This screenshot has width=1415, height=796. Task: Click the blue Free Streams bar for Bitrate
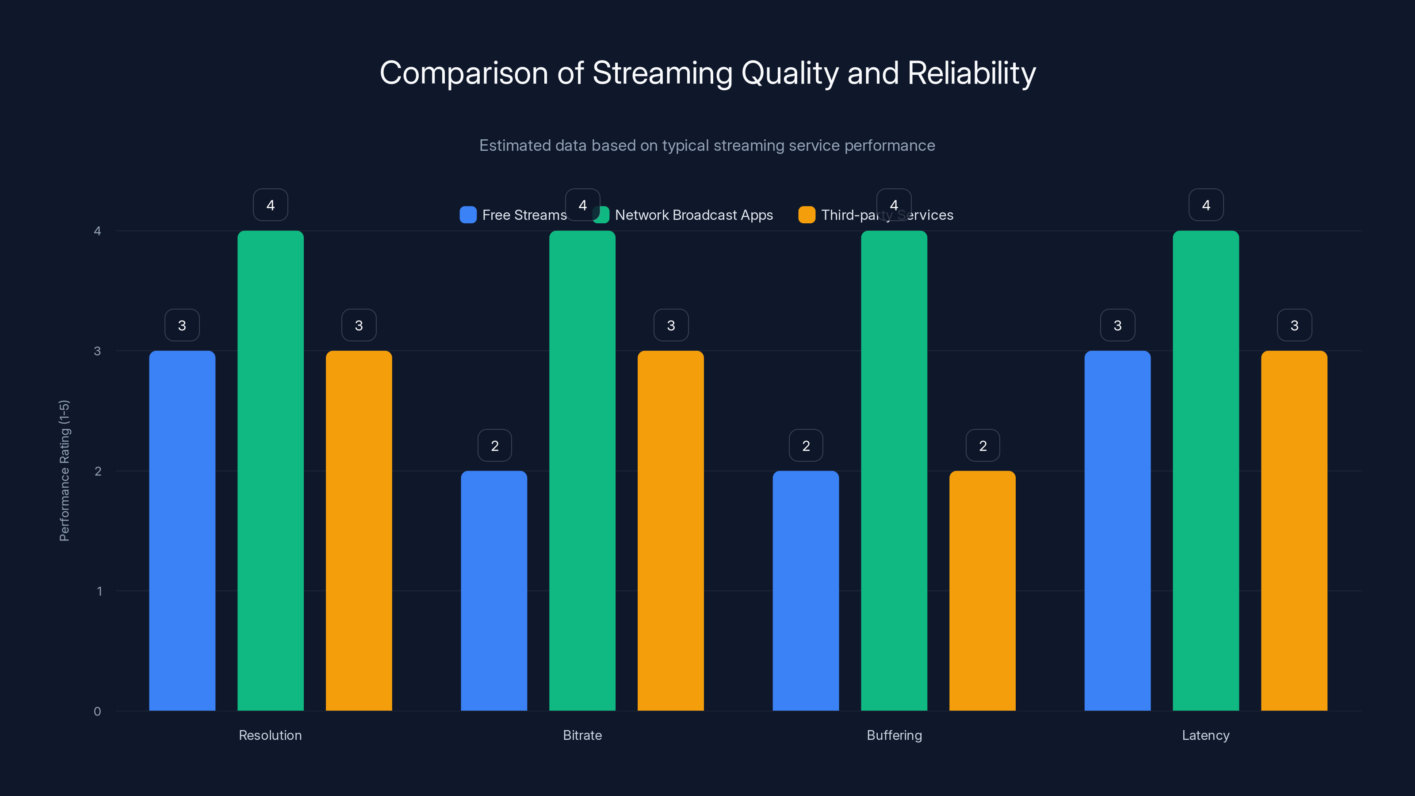coord(494,590)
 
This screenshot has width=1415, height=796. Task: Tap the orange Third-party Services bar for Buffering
coord(982,590)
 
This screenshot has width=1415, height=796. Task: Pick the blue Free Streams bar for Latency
coord(1117,530)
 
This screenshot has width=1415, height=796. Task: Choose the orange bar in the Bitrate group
coord(670,530)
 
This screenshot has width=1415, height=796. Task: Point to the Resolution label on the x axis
coord(270,735)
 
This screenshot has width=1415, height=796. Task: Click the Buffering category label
coord(894,735)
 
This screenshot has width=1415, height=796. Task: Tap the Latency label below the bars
coord(1206,735)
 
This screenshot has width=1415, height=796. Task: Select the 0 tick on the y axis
coord(97,712)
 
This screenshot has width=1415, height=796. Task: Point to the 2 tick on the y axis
coord(98,471)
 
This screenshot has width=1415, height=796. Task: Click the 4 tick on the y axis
coord(97,231)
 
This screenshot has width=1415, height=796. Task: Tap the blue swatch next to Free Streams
coord(468,215)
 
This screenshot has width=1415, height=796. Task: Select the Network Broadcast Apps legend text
coord(694,215)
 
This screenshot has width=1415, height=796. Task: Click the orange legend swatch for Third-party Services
coord(807,215)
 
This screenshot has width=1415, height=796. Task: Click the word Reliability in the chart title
coord(971,73)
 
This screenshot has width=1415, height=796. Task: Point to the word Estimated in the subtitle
coord(513,145)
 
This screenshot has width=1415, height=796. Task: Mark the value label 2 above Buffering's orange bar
coord(983,445)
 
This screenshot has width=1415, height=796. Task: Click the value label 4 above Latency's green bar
coord(1206,205)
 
